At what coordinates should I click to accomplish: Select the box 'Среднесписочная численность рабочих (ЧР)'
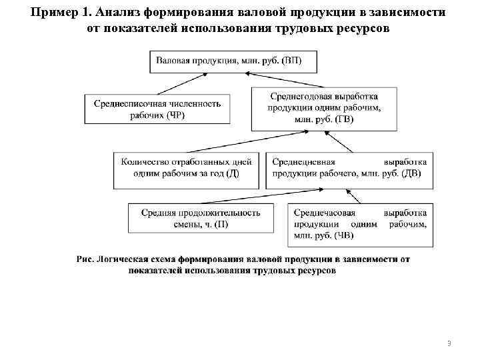158,109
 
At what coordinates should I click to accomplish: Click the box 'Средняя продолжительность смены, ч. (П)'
200,218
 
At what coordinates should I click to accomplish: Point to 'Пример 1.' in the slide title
63,14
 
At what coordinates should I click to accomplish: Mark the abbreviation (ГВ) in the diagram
343,119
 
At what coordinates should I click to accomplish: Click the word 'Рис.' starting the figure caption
85,259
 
